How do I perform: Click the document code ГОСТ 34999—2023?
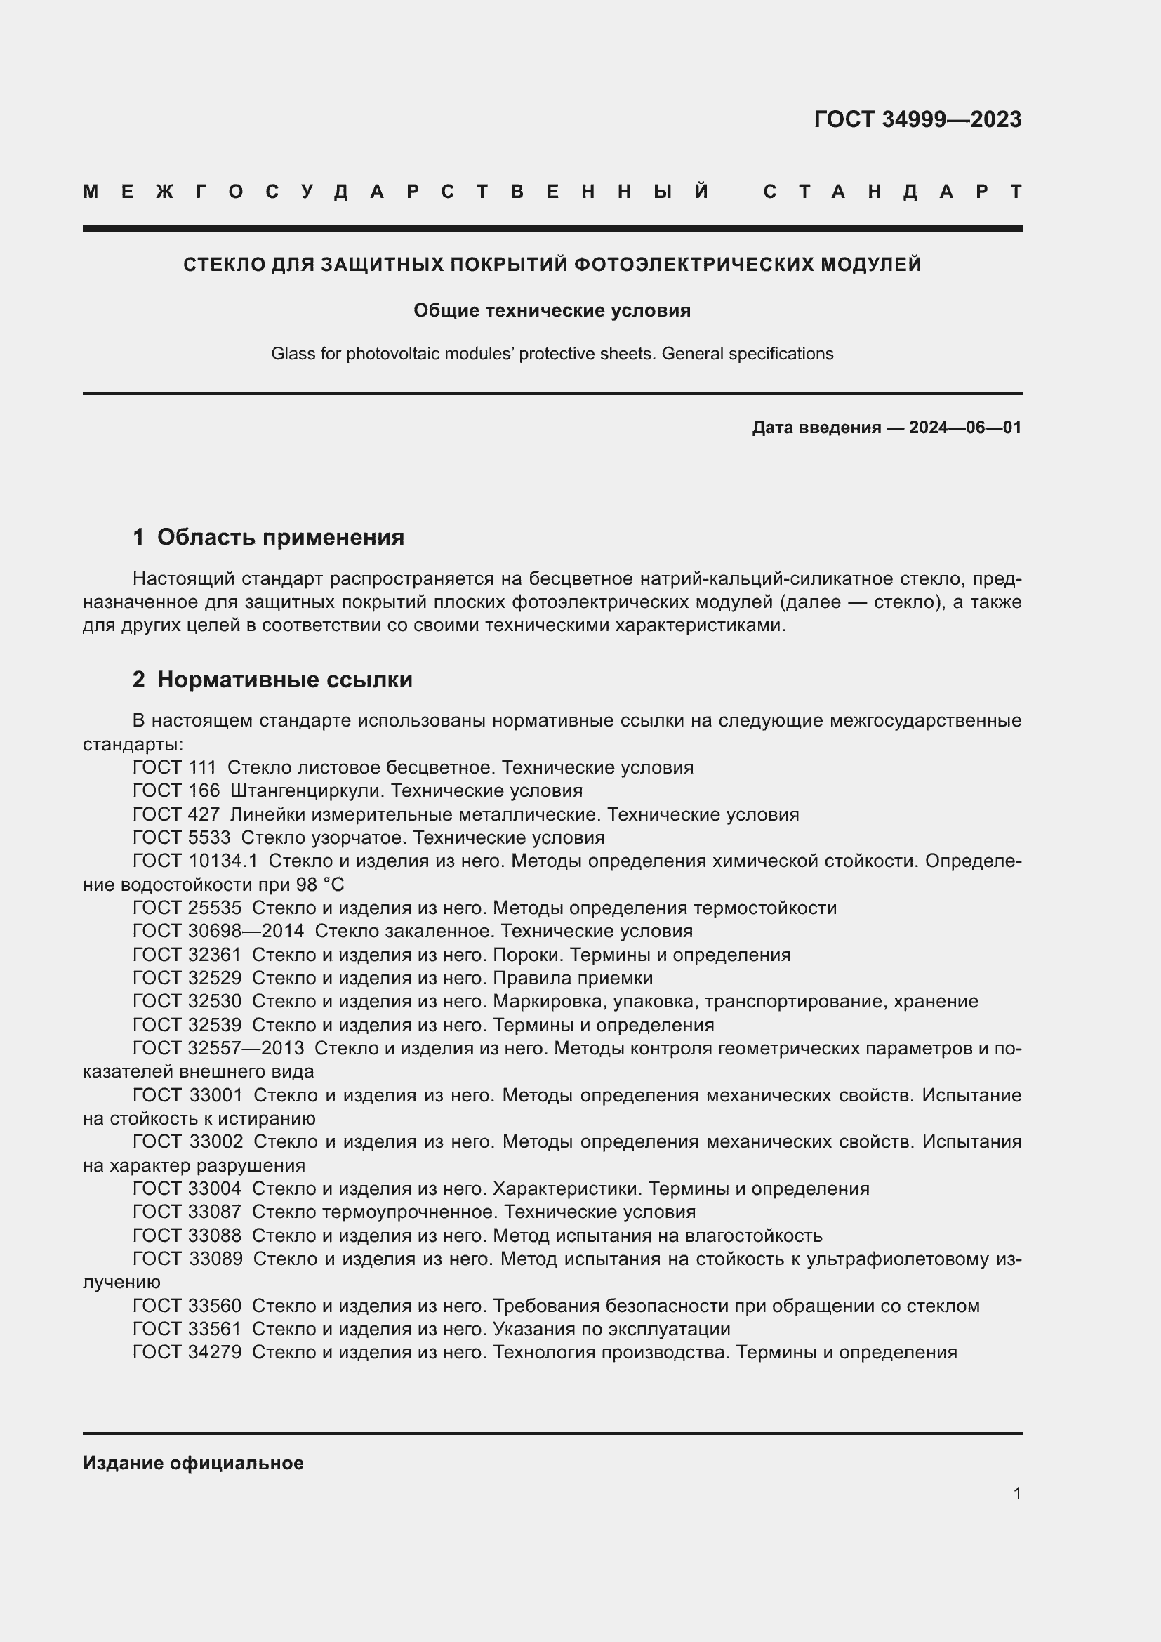coord(917,119)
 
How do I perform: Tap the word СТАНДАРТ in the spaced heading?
coord(892,192)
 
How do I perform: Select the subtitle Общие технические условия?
coord(552,310)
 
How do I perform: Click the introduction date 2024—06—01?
coord(965,428)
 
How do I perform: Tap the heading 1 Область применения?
coord(268,536)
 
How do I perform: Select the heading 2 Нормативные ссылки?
coord(272,679)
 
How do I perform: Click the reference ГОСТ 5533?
coord(182,837)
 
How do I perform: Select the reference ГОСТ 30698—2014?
coord(218,931)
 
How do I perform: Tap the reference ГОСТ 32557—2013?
coord(218,1048)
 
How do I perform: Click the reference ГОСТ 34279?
coord(187,1352)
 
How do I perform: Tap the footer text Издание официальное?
coord(193,1463)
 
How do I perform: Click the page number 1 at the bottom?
coord(1016,1493)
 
